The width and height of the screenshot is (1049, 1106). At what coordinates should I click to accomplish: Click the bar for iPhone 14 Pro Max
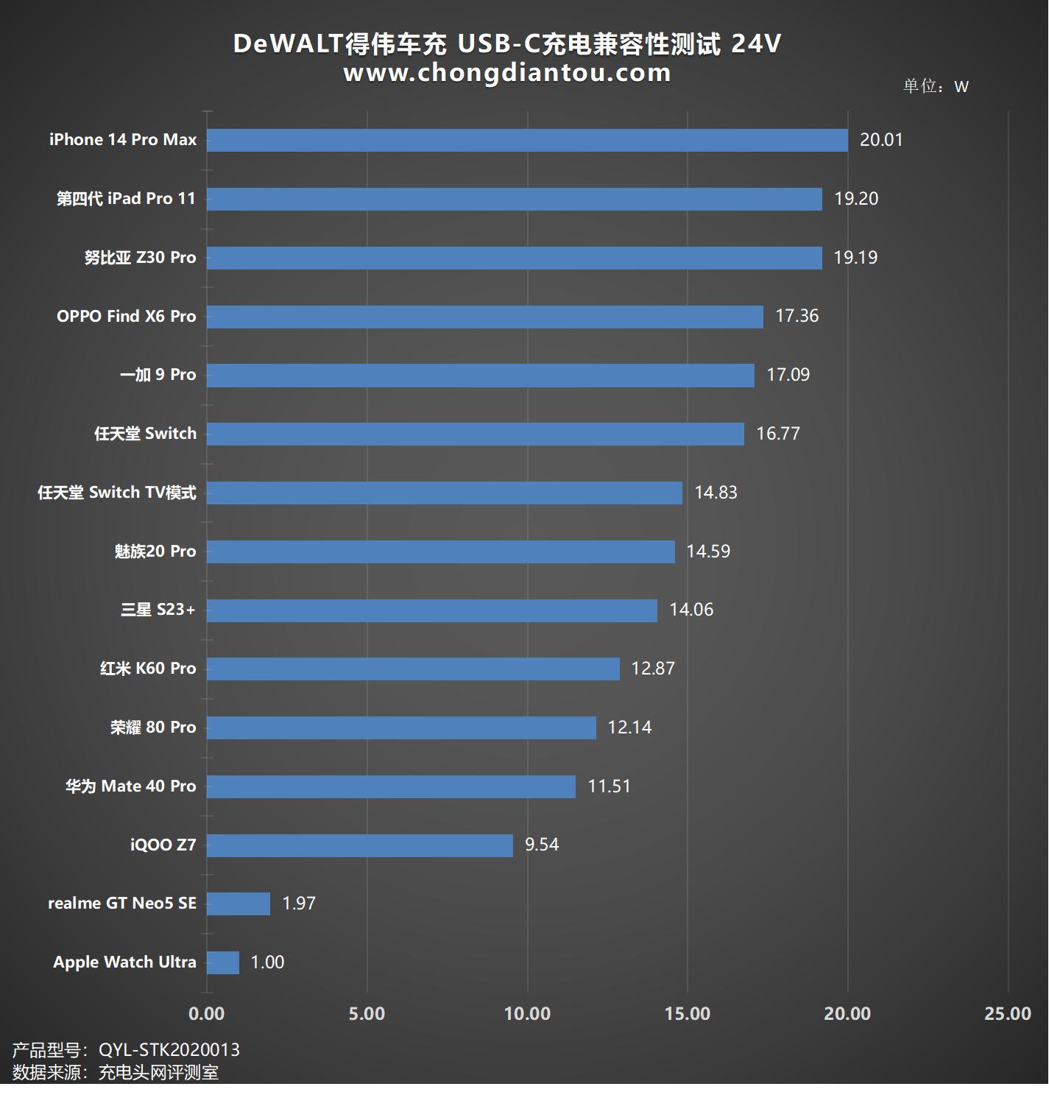[x=527, y=140]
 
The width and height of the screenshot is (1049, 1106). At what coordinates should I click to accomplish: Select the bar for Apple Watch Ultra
[x=223, y=962]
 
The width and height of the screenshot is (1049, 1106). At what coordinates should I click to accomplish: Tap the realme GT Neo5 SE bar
[x=239, y=904]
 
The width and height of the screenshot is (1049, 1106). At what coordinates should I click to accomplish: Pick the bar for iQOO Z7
[x=360, y=845]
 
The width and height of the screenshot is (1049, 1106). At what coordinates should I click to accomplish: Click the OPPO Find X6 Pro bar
[x=485, y=317]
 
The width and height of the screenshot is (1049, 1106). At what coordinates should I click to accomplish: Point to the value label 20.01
[x=881, y=140]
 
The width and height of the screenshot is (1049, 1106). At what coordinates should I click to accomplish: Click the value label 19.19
[x=855, y=258]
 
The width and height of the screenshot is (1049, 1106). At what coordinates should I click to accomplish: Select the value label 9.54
[x=542, y=845]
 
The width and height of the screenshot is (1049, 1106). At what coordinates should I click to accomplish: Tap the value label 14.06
[x=691, y=610]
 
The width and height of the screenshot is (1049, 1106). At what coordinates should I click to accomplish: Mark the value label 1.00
[x=267, y=962]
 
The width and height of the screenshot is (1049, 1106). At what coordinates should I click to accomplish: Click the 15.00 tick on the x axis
[x=688, y=1014]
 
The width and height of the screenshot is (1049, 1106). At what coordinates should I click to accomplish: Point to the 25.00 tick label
[x=1008, y=1014]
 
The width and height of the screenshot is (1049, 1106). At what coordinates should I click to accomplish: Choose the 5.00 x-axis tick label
[x=367, y=1014]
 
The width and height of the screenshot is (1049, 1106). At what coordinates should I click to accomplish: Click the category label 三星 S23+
[x=158, y=610]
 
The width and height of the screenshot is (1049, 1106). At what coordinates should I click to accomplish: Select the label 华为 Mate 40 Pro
[x=131, y=786]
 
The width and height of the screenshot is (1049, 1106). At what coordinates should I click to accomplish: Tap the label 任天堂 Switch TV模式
[x=117, y=493]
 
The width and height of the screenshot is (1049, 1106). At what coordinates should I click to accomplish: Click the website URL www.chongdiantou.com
[x=507, y=73]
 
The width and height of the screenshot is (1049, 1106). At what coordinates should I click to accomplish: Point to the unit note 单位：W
[x=936, y=86]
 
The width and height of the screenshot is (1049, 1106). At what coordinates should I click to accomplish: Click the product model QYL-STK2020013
[x=169, y=1050]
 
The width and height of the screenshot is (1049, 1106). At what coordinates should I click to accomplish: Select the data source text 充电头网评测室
[x=159, y=1073]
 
